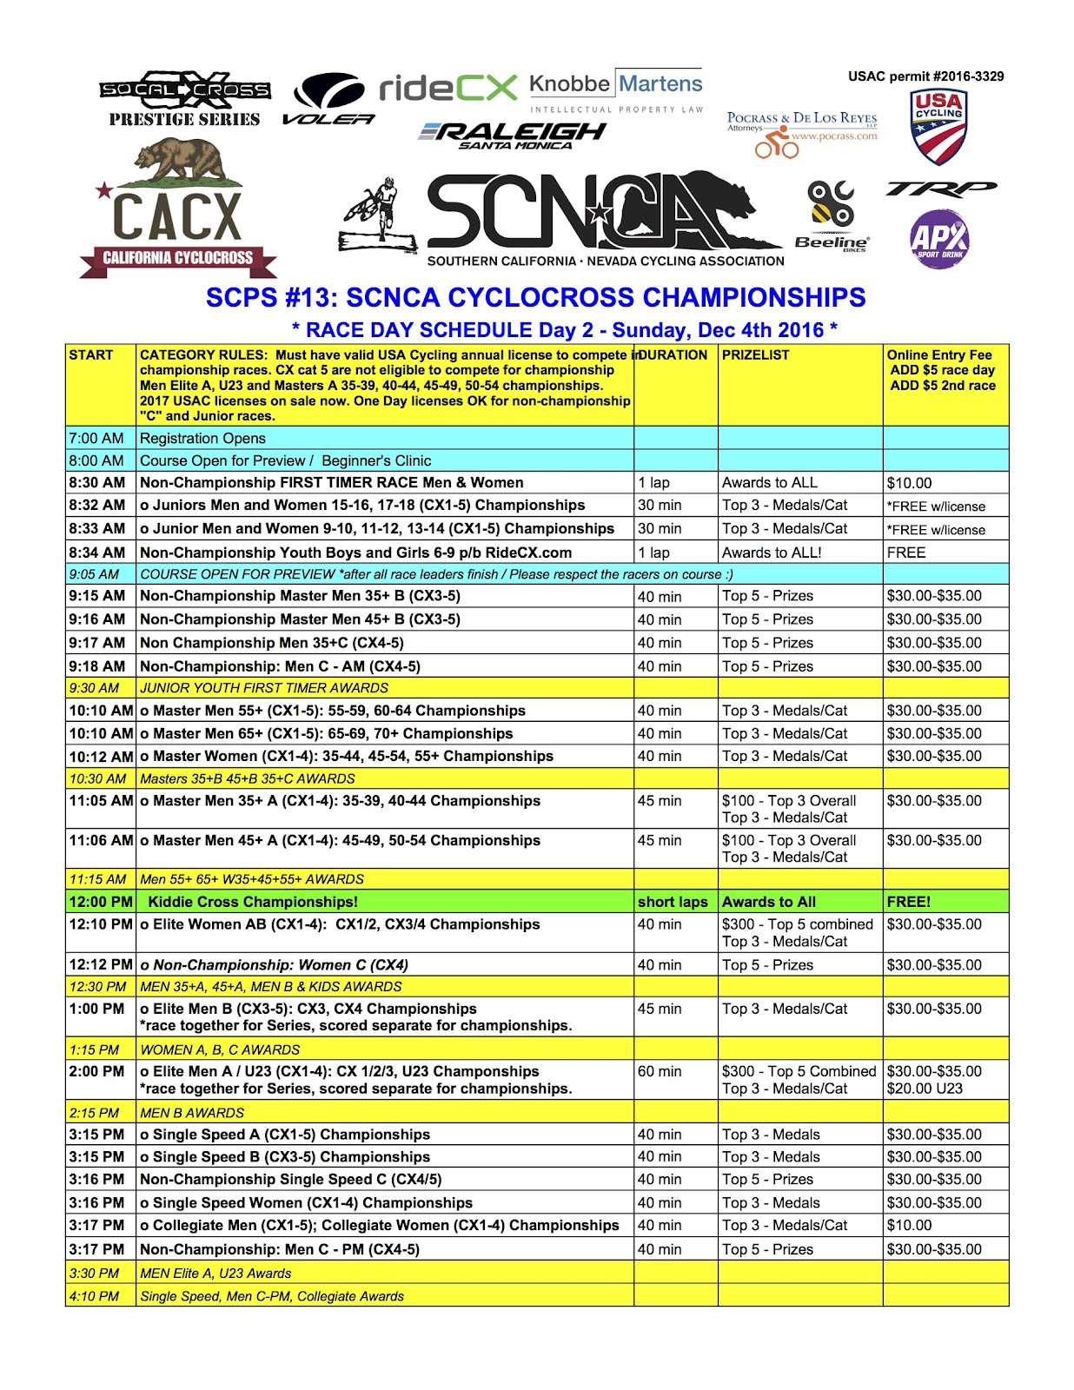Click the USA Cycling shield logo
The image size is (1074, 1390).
coord(938,127)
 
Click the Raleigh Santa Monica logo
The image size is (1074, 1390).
coord(513,135)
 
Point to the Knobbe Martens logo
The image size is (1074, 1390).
coord(615,91)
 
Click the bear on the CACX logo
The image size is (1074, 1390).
coord(177,163)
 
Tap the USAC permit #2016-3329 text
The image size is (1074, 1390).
coord(925,76)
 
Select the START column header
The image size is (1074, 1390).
coord(91,355)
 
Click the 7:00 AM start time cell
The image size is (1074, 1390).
coord(96,439)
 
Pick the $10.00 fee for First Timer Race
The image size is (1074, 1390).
coord(909,483)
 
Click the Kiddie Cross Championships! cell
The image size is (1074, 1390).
coord(253,902)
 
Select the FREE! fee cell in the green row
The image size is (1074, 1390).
coord(908,902)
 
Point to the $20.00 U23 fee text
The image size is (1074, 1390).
coord(925,1089)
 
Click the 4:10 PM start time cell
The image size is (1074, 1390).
coord(94,1296)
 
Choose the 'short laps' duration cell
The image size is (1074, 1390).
coord(673,902)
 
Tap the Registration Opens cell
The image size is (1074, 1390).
coord(202,439)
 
